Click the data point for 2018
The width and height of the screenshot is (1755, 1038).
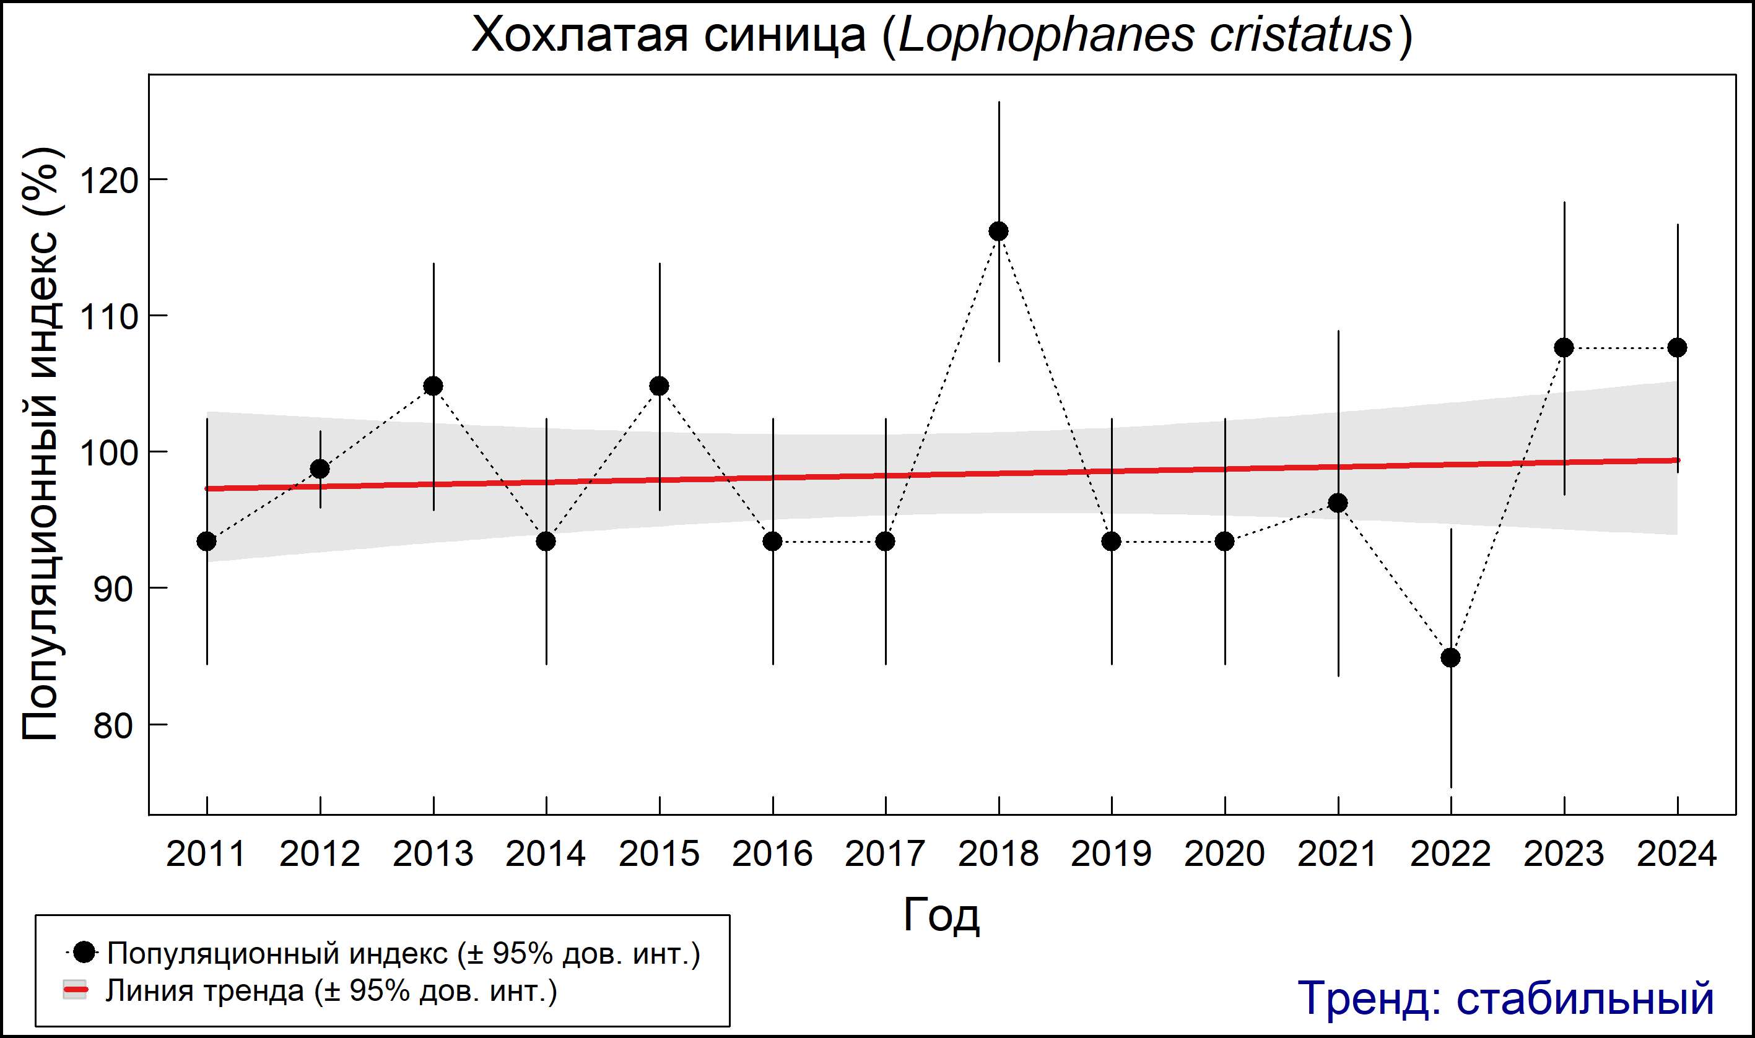[998, 231]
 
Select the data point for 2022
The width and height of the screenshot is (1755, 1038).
[1450, 658]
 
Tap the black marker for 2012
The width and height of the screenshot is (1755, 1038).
[320, 469]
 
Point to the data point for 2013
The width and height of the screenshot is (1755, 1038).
[433, 386]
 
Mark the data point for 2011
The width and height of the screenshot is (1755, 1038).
[206, 542]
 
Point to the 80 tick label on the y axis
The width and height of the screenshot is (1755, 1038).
[113, 726]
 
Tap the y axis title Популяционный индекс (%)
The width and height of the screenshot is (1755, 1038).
[41, 444]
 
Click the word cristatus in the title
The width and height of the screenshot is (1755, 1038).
[1301, 35]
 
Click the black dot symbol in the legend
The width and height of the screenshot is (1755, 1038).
[85, 952]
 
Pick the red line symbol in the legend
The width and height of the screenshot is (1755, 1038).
[75, 990]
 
